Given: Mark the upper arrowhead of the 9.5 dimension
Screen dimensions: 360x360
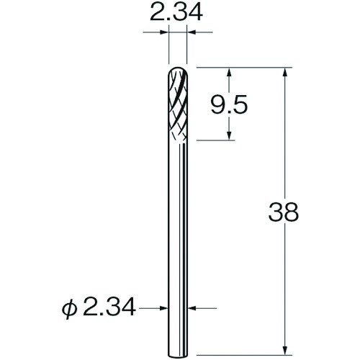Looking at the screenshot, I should tap(230, 73).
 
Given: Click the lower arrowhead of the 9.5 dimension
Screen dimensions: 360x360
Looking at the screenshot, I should tap(230, 136).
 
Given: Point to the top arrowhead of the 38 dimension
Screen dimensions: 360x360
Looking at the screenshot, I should tap(287, 73).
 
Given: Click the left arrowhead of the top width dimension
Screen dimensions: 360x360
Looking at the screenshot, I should tap(165, 32).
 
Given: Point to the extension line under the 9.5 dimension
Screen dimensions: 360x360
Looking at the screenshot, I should tap(216, 140).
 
